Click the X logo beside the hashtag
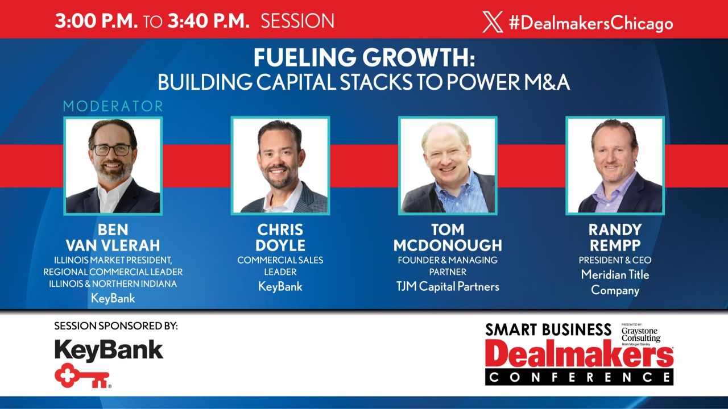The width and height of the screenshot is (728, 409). point(493,22)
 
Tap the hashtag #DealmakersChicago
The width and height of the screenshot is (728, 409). point(590,23)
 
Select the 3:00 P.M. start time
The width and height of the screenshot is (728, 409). point(96,22)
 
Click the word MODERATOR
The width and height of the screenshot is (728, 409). point(113,106)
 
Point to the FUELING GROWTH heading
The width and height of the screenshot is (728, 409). point(363,59)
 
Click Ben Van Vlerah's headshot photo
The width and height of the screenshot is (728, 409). point(113,165)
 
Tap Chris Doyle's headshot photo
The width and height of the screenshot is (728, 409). point(280,165)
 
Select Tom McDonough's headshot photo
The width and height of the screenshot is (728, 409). point(448,165)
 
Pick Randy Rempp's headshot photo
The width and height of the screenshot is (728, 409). point(615,165)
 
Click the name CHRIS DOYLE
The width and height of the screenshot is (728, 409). point(281,237)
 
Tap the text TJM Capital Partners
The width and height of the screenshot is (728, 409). point(448,286)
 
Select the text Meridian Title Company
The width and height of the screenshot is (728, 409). point(615,282)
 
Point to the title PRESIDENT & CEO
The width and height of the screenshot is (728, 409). point(615,260)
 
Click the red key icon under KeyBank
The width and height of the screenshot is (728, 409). point(83,375)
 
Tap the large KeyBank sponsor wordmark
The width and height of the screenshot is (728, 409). point(109,349)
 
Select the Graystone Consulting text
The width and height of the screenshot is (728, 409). point(640,334)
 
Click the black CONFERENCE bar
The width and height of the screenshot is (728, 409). point(579,377)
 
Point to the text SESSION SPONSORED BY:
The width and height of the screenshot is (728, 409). point(116,326)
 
